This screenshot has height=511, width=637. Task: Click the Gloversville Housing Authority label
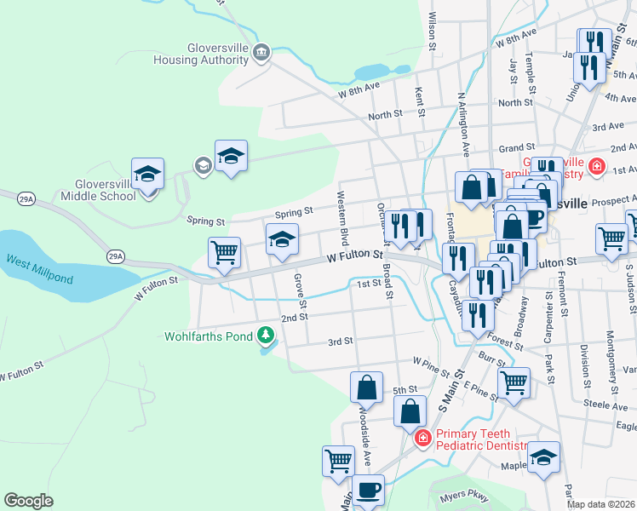(x=201, y=53)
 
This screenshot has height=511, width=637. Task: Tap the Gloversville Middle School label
(x=93, y=189)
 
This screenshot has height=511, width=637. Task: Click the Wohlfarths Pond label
(x=209, y=336)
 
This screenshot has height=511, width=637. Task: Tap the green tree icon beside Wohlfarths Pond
(x=267, y=336)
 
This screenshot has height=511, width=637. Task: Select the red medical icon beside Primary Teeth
(x=422, y=439)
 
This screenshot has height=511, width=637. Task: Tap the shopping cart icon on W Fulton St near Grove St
(x=224, y=252)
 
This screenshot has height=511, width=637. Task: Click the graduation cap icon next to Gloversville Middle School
(x=147, y=174)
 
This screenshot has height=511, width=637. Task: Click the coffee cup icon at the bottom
(x=368, y=490)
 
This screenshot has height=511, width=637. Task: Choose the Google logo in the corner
(x=28, y=501)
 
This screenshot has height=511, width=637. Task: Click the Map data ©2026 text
(x=601, y=504)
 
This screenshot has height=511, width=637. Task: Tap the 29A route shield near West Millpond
(x=116, y=255)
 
